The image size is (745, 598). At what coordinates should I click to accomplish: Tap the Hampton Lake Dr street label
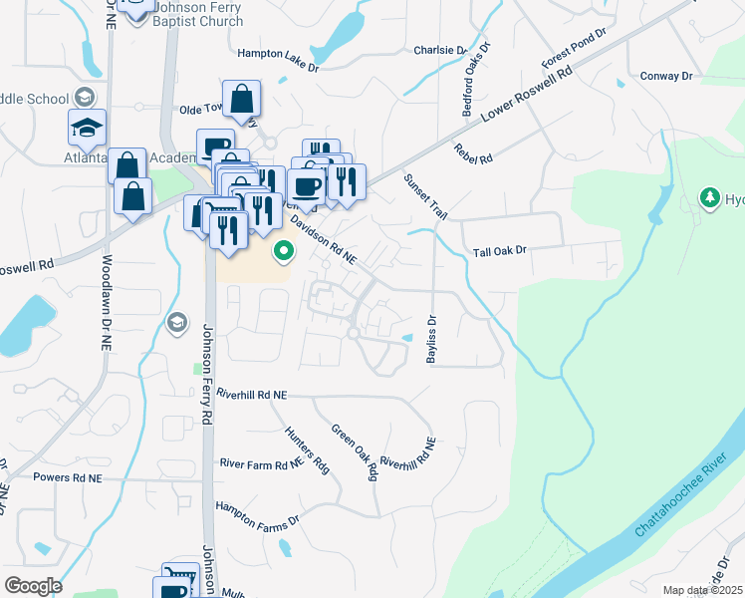(277, 53)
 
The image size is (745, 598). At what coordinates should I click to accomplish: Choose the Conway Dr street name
(667, 76)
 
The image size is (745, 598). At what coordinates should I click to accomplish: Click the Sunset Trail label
(425, 197)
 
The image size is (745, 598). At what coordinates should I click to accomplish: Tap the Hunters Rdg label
(308, 448)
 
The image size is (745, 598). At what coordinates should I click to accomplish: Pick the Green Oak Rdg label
(356, 456)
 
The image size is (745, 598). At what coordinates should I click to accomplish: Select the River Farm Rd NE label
(261, 463)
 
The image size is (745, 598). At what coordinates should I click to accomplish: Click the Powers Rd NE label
(68, 478)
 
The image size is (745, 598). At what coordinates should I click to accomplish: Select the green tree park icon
(710, 198)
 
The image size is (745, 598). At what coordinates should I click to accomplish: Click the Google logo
(33, 586)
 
